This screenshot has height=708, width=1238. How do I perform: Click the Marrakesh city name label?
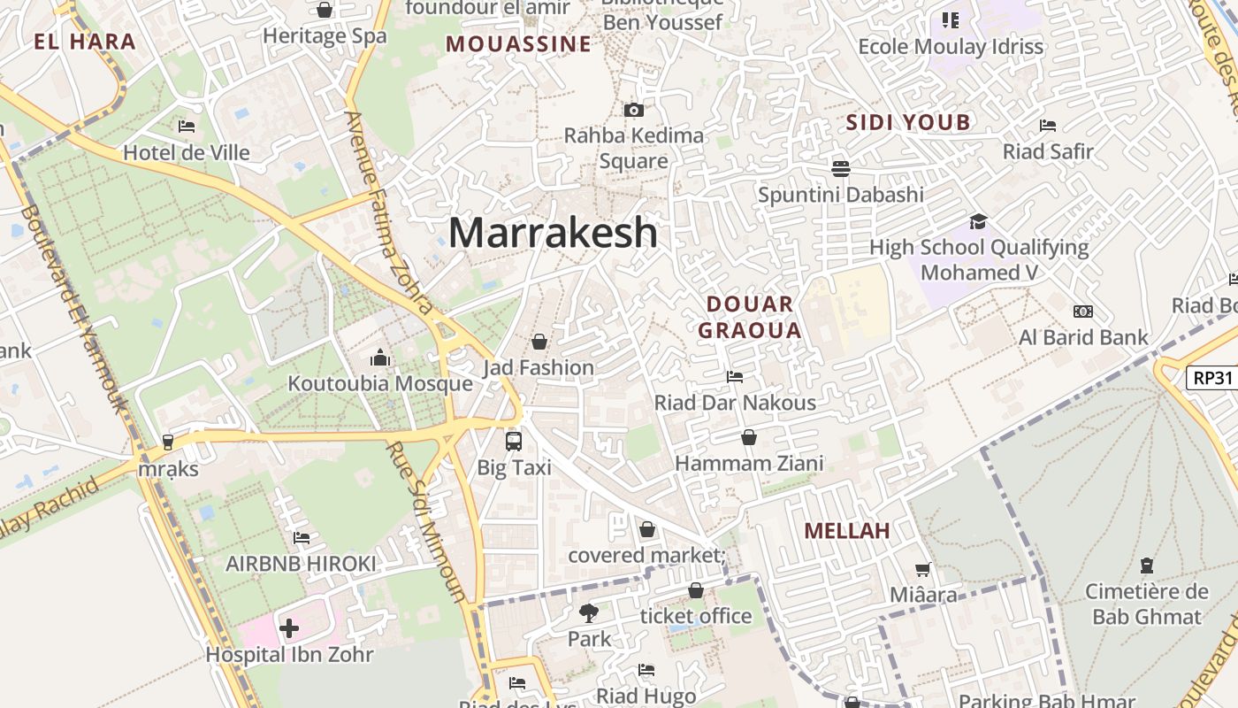click(x=553, y=233)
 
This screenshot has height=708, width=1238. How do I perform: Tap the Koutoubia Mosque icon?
click(x=380, y=358)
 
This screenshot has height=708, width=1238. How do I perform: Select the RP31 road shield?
click(x=1212, y=378)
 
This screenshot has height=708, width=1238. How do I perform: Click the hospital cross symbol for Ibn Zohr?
click(x=289, y=629)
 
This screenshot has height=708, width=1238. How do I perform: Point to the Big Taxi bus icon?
click(x=514, y=441)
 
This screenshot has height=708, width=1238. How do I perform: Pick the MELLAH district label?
click(x=846, y=531)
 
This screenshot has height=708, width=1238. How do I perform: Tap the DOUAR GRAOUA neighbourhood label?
click(x=750, y=318)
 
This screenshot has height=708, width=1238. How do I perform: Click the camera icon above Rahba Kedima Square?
click(x=634, y=110)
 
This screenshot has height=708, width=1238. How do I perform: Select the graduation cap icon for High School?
click(x=978, y=221)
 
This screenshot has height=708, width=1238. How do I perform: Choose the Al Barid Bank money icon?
click(x=1083, y=312)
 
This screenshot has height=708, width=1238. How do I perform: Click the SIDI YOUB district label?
click(x=908, y=122)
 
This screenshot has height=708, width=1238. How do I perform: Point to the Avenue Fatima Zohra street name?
click(x=389, y=212)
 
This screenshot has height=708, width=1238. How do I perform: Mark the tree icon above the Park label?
click(x=589, y=612)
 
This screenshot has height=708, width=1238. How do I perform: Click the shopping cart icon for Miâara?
click(x=923, y=570)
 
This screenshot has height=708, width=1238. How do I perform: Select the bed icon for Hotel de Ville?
click(x=187, y=127)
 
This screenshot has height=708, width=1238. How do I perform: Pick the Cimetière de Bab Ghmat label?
click(x=1146, y=604)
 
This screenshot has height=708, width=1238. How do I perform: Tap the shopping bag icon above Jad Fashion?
click(x=539, y=341)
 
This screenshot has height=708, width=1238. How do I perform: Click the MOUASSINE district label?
click(x=518, y=44)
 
